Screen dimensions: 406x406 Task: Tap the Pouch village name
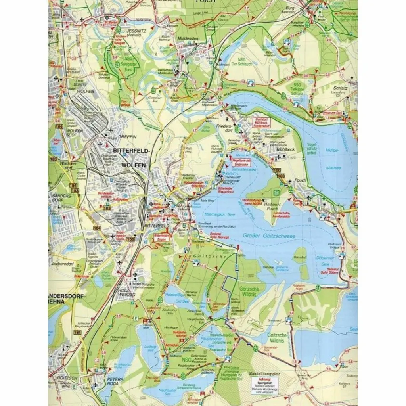(x=301, y=180)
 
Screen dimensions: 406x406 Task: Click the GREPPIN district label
(x=128, y=136)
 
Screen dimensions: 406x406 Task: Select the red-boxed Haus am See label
(x=332, y=113)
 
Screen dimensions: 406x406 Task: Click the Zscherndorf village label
(x=61, y=263)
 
